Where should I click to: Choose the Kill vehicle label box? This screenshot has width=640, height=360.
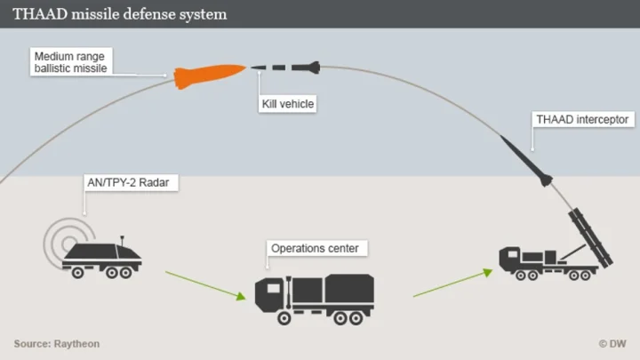tap(287, 105)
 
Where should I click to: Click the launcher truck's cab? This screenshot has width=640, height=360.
tap(510, 259)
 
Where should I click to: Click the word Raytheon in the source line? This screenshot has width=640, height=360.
tap(79, 343)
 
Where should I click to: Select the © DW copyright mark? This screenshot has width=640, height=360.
tap(612, 343)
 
